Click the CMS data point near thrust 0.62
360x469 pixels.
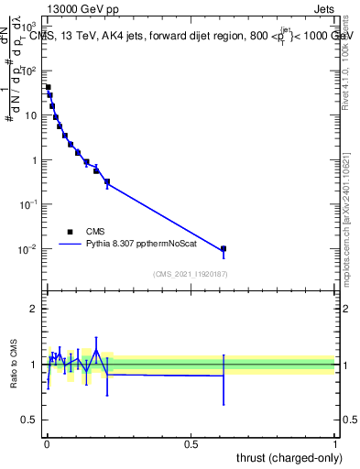tap(223, 248)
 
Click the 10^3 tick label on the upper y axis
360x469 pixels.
tap(29, 27)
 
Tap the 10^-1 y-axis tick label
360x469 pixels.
tap(29, 204)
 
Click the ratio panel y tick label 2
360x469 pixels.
tap(34, 309)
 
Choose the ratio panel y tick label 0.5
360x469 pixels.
tap(30, 420)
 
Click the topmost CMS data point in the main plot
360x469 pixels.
tap(48, 88)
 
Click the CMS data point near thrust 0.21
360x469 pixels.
tap(107, 181)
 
